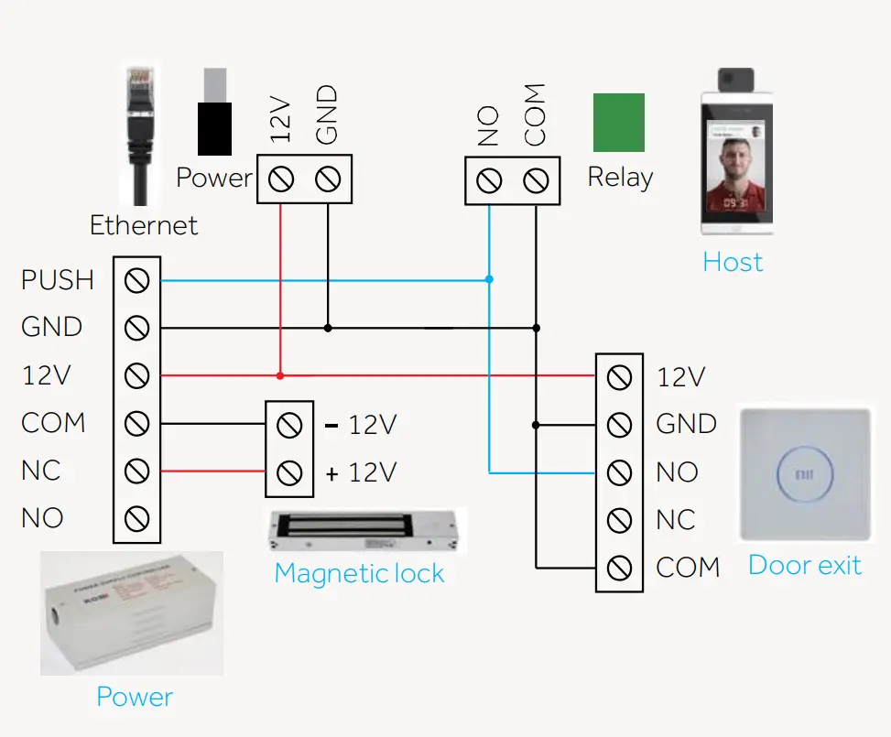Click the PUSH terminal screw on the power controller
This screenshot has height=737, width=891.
click(136, 280)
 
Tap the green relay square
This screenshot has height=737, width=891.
click(618, 122)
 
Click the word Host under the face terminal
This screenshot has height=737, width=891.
click(732, 263)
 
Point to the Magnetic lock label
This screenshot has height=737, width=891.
click(359, 574)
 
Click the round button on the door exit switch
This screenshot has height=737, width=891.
click(805, 475)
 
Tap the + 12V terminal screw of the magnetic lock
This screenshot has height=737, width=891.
click(289, 472)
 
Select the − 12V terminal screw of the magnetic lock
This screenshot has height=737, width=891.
click(289, 425)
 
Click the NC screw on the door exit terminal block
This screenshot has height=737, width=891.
click(620, 520)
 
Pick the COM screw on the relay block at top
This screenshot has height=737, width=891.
click(536, 180)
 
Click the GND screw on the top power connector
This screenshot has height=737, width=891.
click(328, 179)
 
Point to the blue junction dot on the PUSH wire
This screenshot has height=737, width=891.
click(489, 279)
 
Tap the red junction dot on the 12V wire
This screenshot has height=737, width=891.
click(280, 375)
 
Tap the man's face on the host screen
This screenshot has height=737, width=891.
click(732, 166)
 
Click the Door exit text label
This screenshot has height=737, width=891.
click(804, 565)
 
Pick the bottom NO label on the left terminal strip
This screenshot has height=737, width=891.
click(42, 518)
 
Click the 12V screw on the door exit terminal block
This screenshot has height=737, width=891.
click(620, 376)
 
